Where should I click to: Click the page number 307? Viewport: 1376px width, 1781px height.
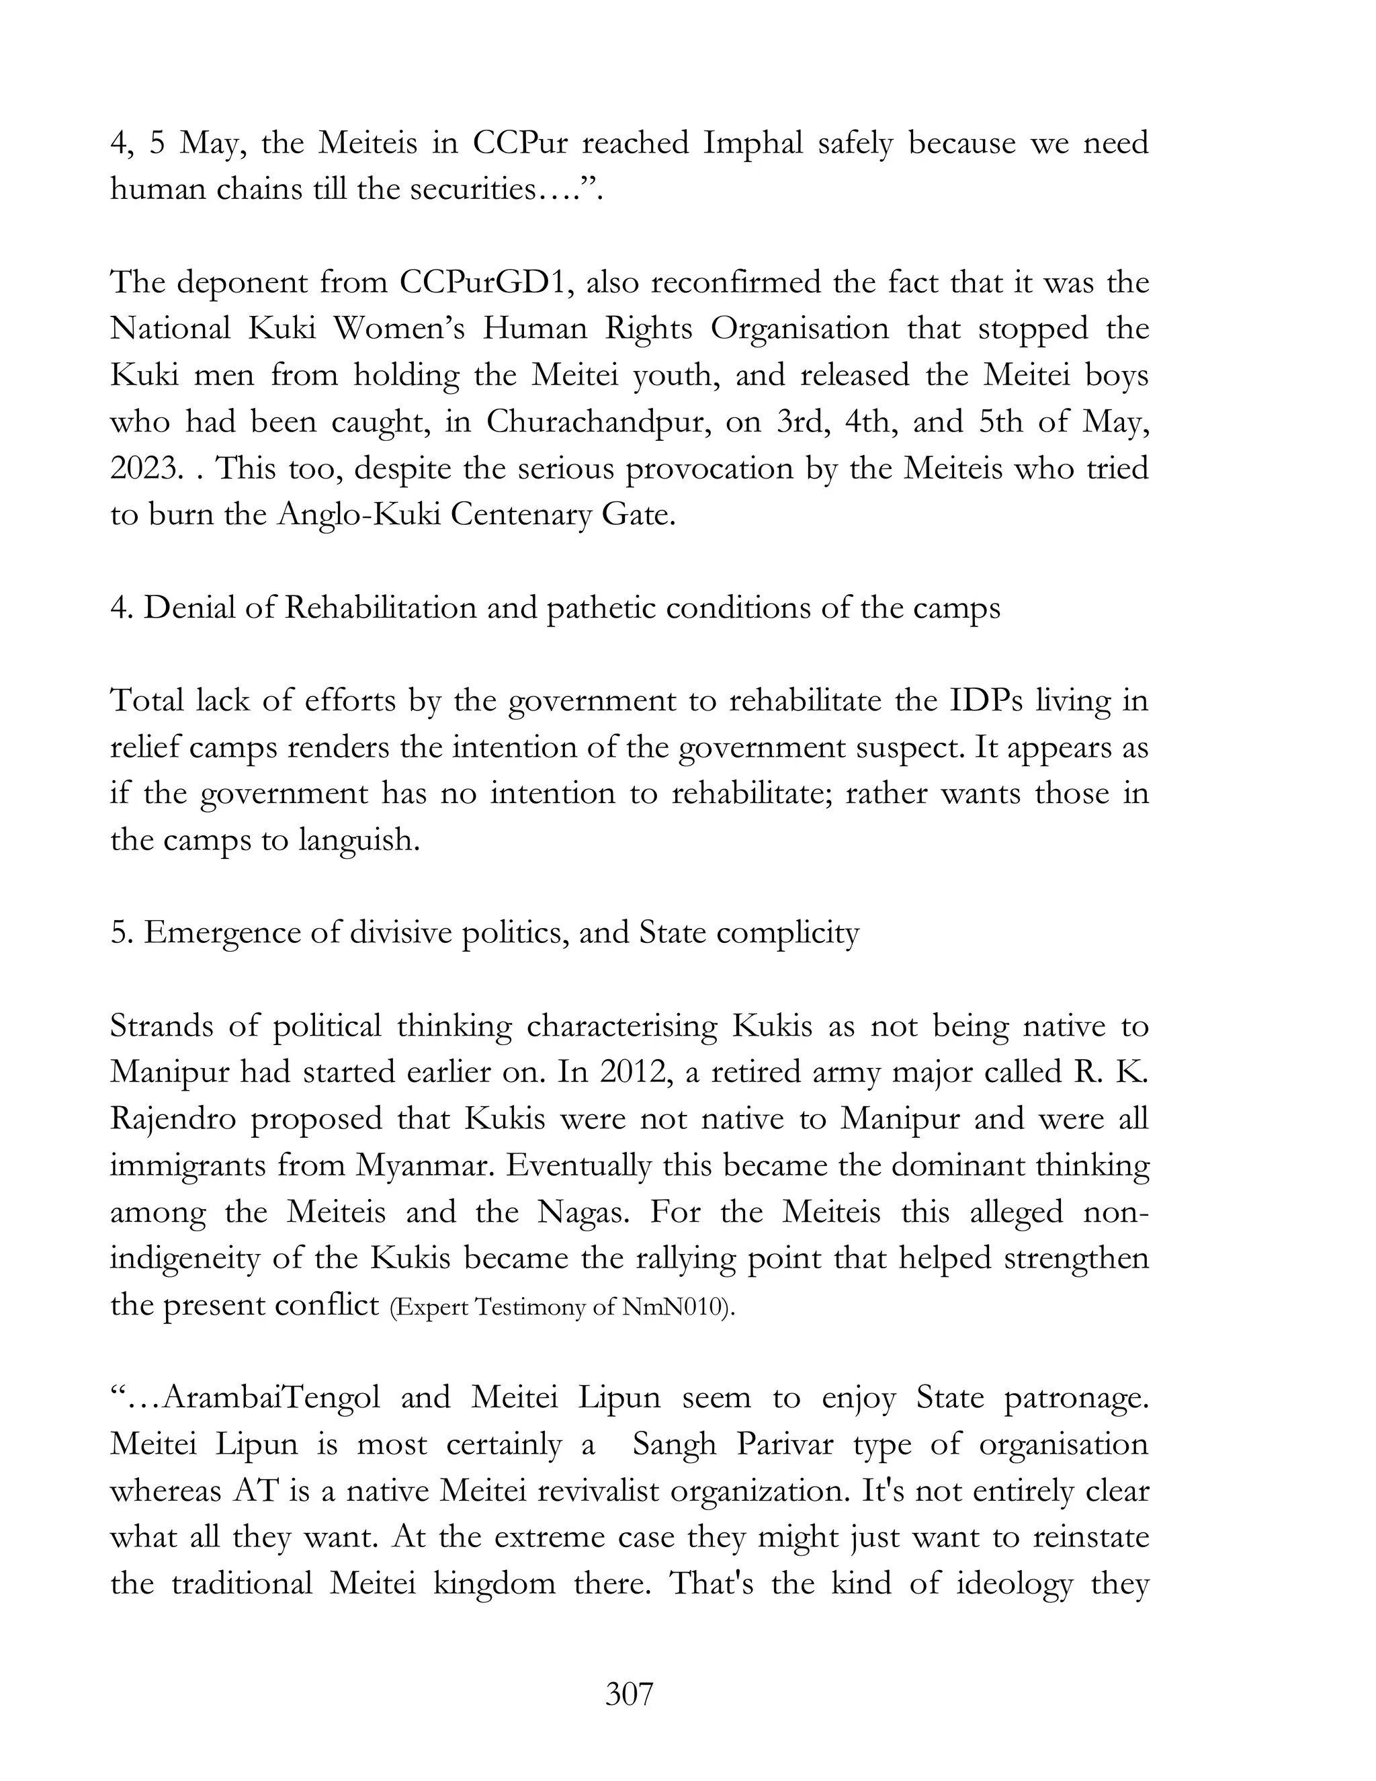pos(630,1694)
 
